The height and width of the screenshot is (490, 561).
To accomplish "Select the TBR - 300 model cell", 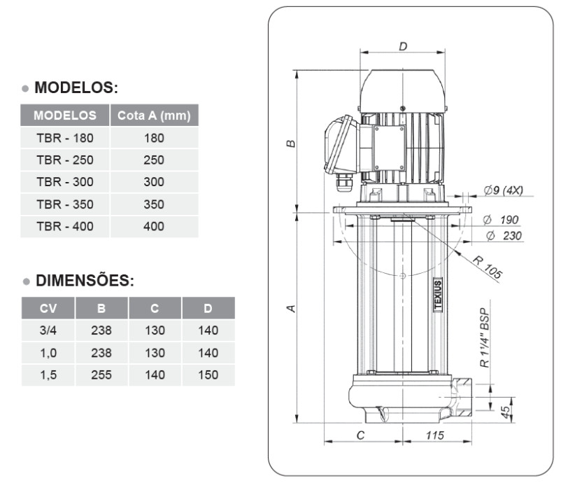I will click(64, 182).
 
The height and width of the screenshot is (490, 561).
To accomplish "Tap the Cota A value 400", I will click(154, 227).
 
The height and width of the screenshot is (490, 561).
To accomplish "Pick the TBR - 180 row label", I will click(64, 138).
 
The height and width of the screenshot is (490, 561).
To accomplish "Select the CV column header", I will click(48, 308).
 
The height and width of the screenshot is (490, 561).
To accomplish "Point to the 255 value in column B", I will click(101, 375).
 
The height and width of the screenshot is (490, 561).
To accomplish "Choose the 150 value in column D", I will click(208, 375).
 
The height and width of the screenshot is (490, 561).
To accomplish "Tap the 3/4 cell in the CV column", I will click(48, 330).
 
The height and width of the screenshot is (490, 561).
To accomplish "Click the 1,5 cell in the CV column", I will click(48, 375).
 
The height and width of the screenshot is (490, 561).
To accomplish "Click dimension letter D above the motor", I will click(403, 46).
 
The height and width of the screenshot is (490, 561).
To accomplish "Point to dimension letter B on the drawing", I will click(291, 143).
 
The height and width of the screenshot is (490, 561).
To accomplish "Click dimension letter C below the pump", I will click(360, 435).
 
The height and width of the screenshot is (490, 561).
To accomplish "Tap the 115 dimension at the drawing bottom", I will click(435, 435).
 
